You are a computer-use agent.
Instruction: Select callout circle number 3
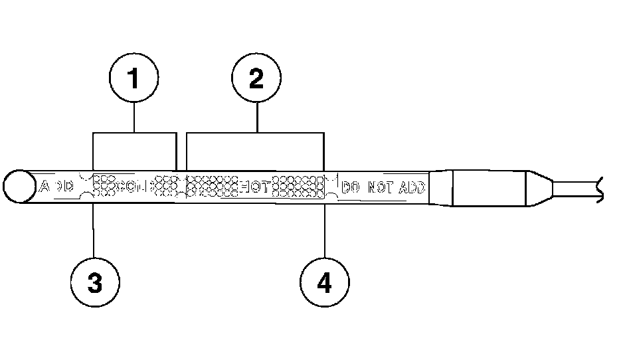click(95, 282)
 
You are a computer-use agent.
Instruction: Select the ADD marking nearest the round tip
click(57, 186)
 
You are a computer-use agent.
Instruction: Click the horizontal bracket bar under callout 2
click(256, 134)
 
